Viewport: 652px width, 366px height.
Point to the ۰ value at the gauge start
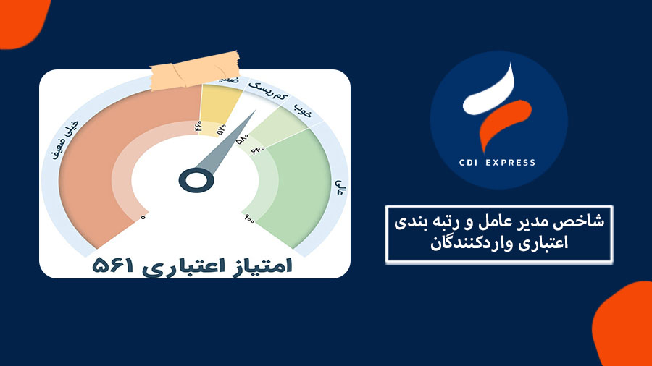click(142, 216)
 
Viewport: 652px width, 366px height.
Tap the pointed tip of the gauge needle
click(254, 112)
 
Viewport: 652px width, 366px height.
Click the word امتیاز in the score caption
click(261, 265)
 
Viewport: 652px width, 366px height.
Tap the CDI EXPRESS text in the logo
click(498, 163)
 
